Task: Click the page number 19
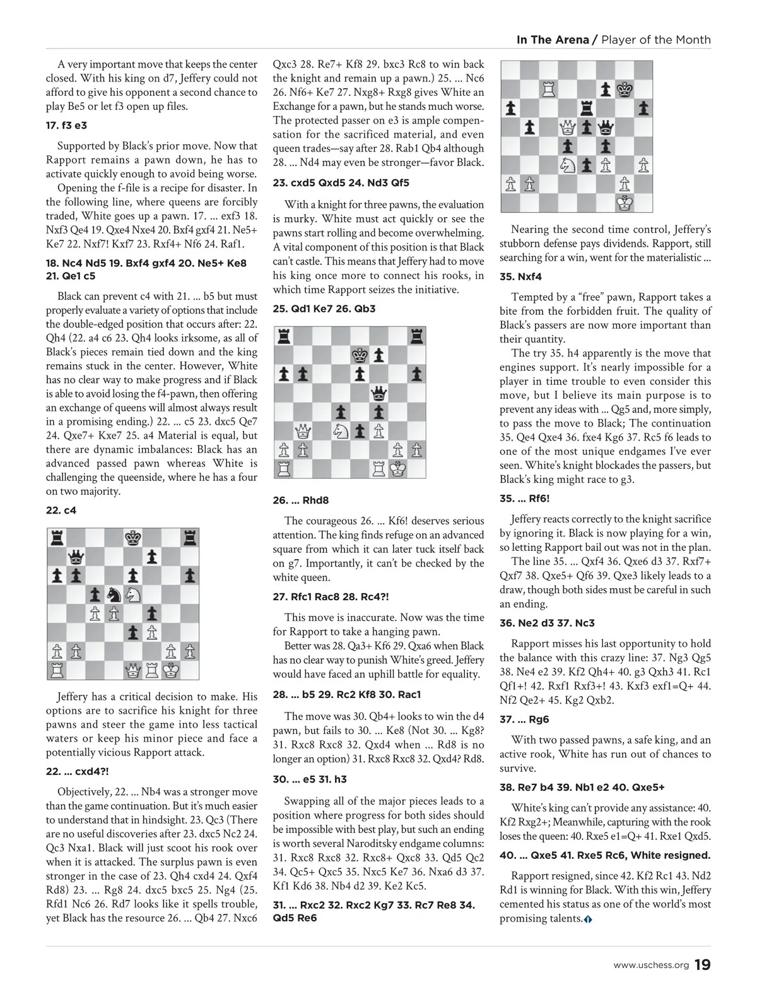click(703, 965)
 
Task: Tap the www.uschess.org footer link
click(651, 966)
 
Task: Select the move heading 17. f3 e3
click(66, 126)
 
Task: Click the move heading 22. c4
click(61, 510)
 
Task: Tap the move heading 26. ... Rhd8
click(301, 500)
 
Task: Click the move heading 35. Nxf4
click(520, 276)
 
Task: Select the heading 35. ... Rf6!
click(524, 499)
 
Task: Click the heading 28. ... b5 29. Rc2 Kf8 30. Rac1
click(347, 694)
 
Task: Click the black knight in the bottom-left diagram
click(114, 594)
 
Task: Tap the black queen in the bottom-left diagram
click(76, 556)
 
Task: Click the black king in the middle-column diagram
click(359, 355)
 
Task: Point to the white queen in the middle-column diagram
click(302, 432)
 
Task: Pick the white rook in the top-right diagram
click(548, 89)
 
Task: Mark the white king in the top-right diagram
click(624, 203)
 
